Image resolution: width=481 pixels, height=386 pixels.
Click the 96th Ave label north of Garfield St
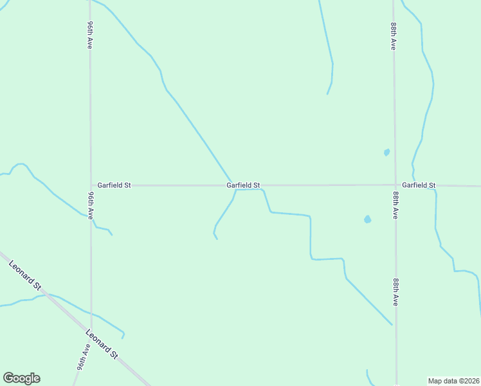pos(90,35)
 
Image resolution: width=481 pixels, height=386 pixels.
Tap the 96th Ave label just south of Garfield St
pos(91,203)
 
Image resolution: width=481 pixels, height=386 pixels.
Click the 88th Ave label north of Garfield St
pos(394,37)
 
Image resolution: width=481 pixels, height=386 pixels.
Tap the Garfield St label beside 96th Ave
pos(114,185)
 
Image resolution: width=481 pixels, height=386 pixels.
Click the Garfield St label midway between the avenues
pos(243,185)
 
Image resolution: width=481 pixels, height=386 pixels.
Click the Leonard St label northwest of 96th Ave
pos(24,275)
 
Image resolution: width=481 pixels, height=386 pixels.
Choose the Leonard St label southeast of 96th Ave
pos(102,345)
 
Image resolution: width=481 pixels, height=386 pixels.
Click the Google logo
pos(21,378)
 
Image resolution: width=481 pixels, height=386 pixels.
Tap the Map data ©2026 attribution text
pos(454,380)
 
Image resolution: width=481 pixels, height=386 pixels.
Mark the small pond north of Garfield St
pos(386,152)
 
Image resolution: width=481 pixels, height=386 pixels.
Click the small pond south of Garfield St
pos(367,219)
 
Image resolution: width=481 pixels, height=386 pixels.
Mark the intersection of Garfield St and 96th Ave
pos(90,185)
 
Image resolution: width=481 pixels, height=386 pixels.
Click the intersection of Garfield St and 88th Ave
pos(395,185)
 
